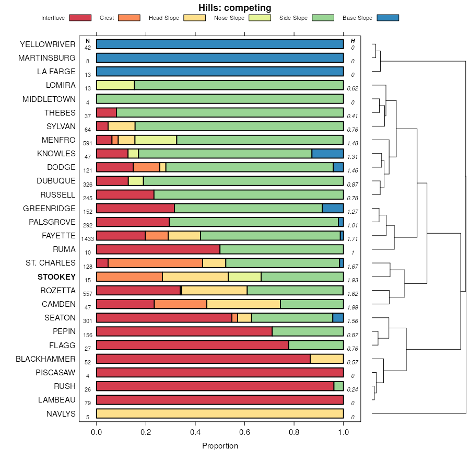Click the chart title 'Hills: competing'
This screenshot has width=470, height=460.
coord(234,8)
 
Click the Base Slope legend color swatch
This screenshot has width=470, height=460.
coord(387,18)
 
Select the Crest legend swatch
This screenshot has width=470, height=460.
coord(130,18)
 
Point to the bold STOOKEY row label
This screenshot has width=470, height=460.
coord(56,277)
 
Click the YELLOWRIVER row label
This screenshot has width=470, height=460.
coord(48,44)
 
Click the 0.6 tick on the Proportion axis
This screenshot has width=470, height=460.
coord(245,432)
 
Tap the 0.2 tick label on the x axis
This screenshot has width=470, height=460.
coord(146,432)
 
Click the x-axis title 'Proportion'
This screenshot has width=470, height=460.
coord(220,446)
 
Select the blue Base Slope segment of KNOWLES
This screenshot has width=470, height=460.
coord(327,154)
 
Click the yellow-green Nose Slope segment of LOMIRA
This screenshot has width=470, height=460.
coord(115,85)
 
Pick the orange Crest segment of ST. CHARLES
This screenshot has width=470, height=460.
coord(155,263)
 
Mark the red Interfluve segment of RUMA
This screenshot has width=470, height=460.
coord(158,249)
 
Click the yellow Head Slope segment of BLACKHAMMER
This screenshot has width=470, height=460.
coord(327,359)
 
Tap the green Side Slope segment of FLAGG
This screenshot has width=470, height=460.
coord(316,345)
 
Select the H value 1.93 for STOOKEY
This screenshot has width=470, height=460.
coord(353,280)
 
